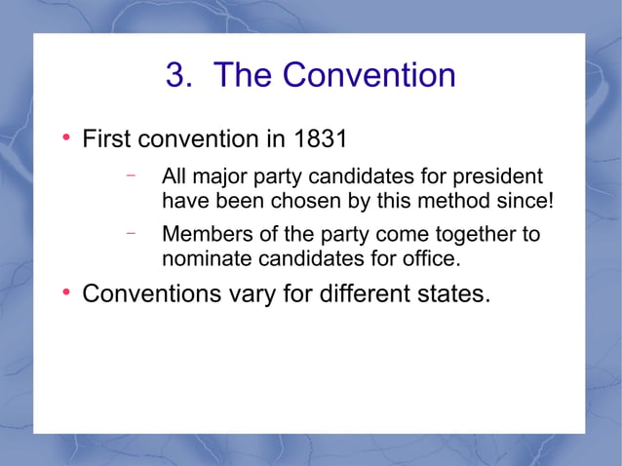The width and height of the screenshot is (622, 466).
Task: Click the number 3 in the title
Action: pyautogui.click(x=176, y=75)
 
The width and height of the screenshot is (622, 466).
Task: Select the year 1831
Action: pyautogui.click(x=321, y=139)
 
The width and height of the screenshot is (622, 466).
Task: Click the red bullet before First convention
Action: pyautogui.click(x=65, y=138)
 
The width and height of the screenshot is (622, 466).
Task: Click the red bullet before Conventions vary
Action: pyautogui.click(x=65, y=291)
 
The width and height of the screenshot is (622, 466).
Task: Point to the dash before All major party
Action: pyautogui.click(x=130, y=177)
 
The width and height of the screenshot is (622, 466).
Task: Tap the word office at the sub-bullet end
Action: pyautogui.click(x=430, y=259)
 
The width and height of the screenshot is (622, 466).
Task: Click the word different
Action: pyautogui.click(x=364, y=292)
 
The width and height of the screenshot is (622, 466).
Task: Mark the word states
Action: pyautogui.click(x=452, y=292)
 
